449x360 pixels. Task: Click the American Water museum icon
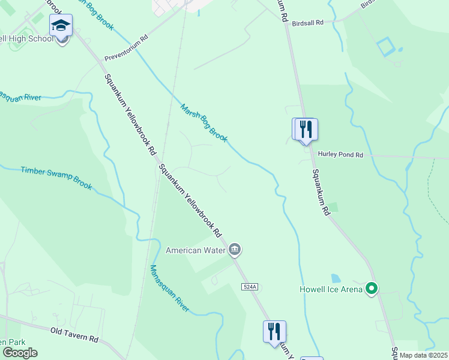[235, 249]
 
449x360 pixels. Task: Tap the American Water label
[195, 250]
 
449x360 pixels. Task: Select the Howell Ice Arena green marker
[372, 290]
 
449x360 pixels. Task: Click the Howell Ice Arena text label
[331, 290]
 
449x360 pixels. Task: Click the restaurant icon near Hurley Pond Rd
[305, 128]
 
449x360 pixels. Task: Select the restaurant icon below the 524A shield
[274, 331]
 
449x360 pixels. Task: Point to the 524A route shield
[250, 287]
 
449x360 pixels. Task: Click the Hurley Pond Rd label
[340, 155]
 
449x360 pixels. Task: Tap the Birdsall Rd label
[307, 22]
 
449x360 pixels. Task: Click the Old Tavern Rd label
[74, 335]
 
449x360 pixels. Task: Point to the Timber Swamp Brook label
[56, 178]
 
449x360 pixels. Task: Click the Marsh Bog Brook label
[203, 123]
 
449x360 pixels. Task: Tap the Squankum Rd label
[321, 192]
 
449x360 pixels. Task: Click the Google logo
[20, 353]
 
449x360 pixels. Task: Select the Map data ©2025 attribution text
[423, 355]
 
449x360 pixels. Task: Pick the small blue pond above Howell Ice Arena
[336, 278]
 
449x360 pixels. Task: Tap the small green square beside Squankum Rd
[333, 208]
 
